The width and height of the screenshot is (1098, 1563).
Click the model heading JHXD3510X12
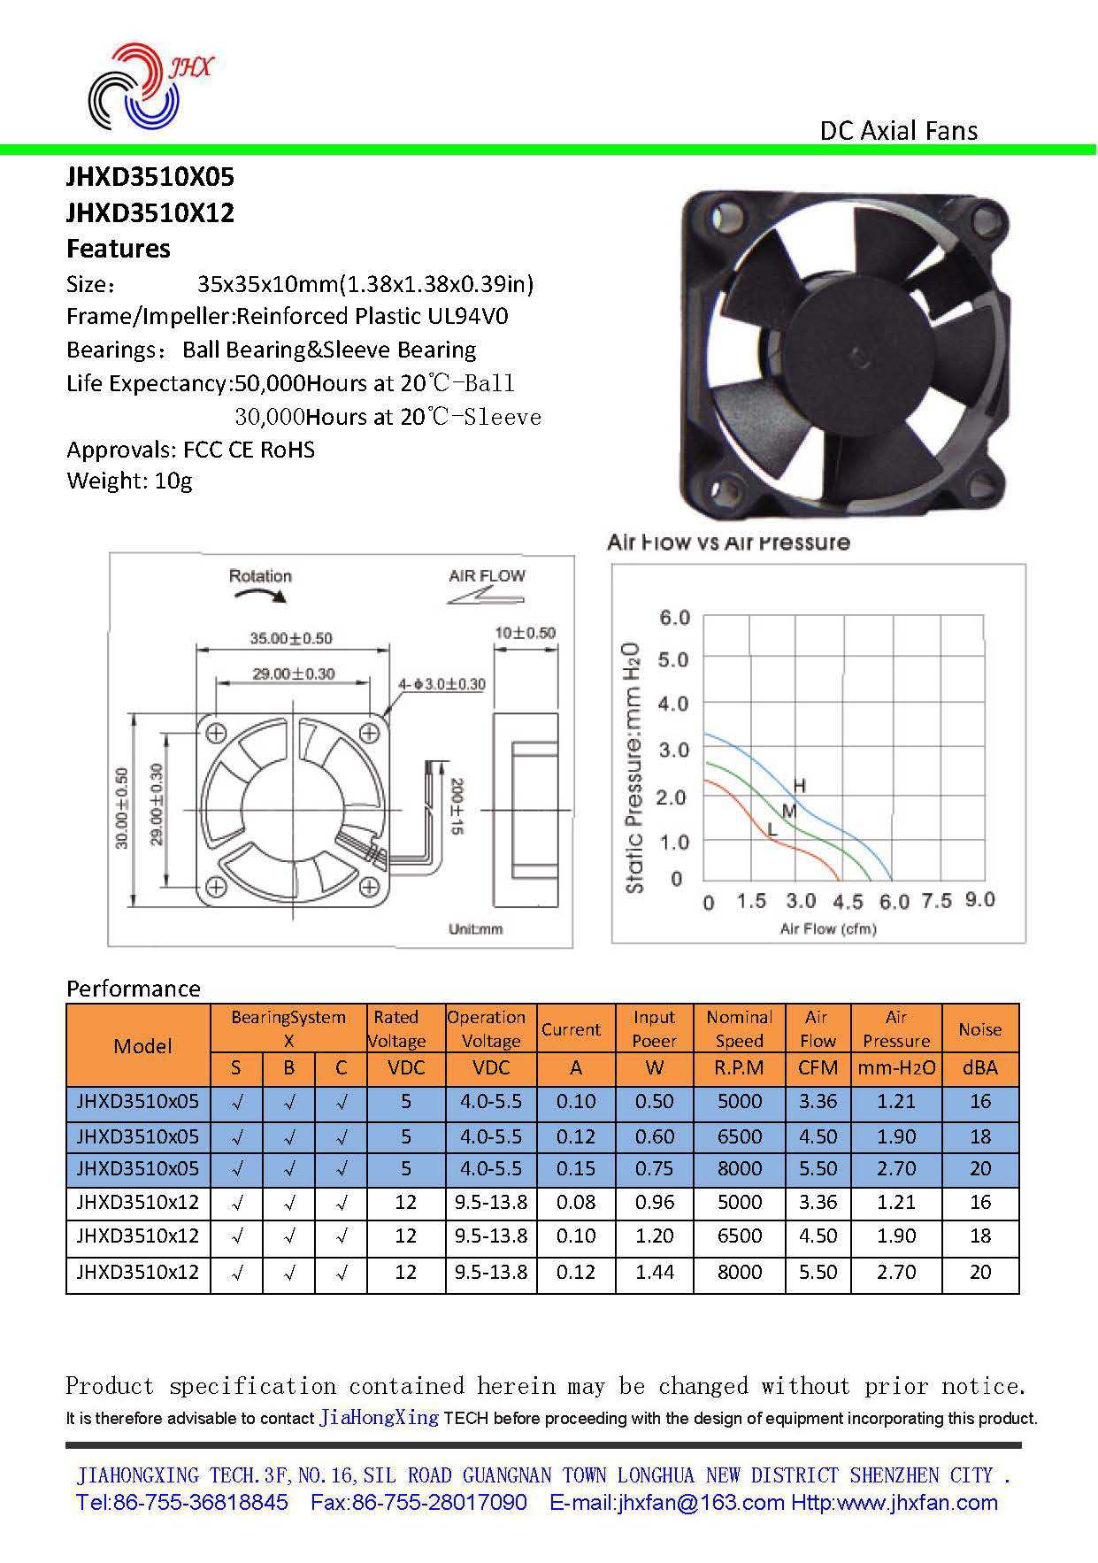coord(150,213)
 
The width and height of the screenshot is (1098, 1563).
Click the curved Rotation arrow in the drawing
coord(260,596)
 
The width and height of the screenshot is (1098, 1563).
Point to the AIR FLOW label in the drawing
coord(487,576)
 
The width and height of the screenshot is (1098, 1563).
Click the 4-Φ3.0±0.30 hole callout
coord(442,684)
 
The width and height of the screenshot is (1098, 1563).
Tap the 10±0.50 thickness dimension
coord(526,633)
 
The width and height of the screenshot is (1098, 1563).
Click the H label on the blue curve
coord(799,786)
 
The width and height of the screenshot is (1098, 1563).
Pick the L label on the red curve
coord(772,830)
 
